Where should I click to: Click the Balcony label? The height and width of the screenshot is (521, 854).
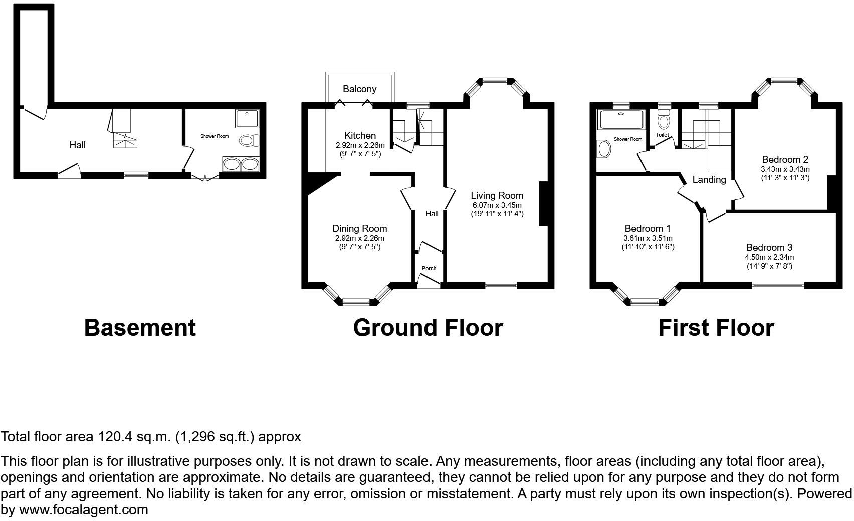(359, 89)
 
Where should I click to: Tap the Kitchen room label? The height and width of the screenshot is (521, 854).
(360, 136)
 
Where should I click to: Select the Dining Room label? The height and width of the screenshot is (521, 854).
(360, 229)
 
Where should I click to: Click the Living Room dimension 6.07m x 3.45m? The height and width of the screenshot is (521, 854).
(497, 205)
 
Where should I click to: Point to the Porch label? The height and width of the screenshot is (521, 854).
(429, 269)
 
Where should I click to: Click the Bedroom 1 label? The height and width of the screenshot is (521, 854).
(648, 229)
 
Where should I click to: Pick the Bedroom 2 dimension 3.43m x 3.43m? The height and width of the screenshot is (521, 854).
(785, 169)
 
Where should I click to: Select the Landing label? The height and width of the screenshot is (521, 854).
(709, 180)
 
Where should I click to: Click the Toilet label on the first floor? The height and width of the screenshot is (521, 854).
(662, 135)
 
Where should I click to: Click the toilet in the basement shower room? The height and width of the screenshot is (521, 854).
(249, 140)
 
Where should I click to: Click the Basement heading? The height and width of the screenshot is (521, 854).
(140, 328)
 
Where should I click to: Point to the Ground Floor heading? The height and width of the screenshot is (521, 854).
(428, 328)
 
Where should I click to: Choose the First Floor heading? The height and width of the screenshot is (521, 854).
(716, 328)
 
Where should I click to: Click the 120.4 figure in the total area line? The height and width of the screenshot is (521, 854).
(114, 437)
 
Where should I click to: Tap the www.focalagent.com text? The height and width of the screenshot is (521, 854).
(84, 510)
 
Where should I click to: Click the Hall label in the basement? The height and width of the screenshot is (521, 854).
(77, 145)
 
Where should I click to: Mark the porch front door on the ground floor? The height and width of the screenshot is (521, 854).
(429, 283)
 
